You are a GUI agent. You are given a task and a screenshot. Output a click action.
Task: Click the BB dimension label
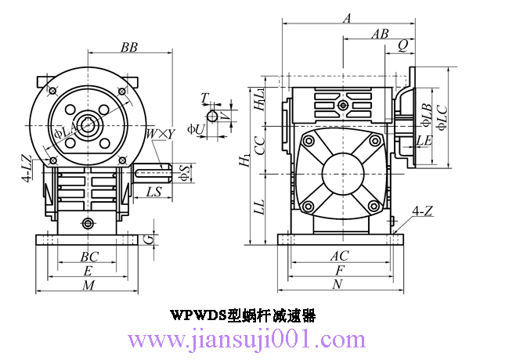coord(129,48)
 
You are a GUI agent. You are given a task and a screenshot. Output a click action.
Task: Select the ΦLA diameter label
coord(65,132)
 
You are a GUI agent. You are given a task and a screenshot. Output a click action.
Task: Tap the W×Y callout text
coord(161,134)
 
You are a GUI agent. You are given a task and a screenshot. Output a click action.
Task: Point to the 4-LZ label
coord(28,168)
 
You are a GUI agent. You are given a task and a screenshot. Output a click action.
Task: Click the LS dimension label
coord(153,192)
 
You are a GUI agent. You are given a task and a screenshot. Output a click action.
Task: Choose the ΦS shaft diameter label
coord(184,172)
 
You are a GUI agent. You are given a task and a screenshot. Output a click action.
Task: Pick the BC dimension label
coord(89,257)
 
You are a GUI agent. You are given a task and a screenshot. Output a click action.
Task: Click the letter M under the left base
coord(88,285)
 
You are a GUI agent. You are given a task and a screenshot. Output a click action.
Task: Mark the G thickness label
coord(148,239)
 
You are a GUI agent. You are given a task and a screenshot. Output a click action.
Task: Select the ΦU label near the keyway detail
coord(196,129)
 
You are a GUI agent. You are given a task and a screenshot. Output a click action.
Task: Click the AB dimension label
coord(380,34)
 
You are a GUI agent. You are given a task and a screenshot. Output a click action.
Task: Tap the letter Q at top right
coord(403,45)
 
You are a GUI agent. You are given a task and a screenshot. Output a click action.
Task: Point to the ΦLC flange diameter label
coord(442,117)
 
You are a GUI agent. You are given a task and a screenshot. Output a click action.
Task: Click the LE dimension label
coord(424,141)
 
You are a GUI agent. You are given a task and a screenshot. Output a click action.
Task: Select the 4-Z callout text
coord(422,211)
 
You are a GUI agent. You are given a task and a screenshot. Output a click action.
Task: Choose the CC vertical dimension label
coord(260,146)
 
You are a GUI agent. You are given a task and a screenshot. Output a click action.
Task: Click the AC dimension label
coord(340,256)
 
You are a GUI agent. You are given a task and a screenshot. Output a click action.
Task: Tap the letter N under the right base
coord(338,284)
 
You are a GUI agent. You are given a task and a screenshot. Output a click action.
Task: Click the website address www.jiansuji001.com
coord(247,340)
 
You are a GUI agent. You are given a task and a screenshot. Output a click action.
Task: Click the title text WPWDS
coord(198,315)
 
